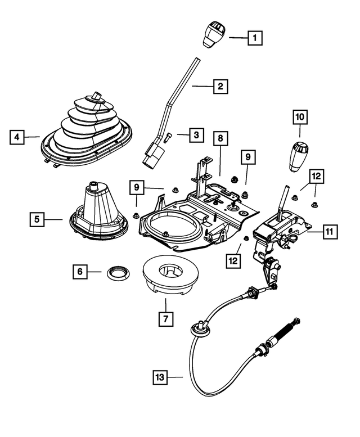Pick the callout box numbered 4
tap(17, 136)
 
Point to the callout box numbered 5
tap(37, 219)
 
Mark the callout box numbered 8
tap(221, 138)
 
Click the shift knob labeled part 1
tap(213, 34)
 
